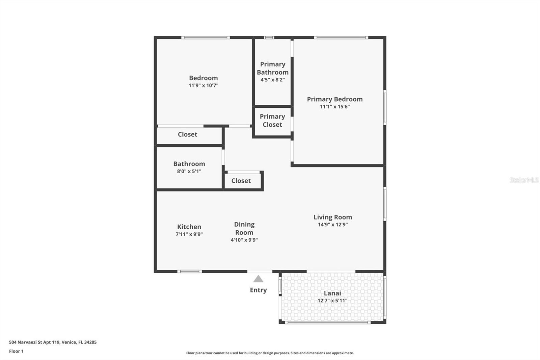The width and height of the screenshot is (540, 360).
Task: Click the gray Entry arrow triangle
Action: click(x=258, y=279)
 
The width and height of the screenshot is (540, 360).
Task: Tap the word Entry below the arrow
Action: click(x=258, y=290)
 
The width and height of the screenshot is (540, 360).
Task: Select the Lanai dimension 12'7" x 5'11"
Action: click(x=332, y=301)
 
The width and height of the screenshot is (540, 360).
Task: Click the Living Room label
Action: click(x=333, y=217)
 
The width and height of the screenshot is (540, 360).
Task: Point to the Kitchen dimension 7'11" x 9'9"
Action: click(x=189, y=234)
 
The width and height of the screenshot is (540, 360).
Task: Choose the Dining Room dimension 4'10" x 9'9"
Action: click(x=244, y=240)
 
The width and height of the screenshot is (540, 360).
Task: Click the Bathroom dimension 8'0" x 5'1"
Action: click(x=189, y=171)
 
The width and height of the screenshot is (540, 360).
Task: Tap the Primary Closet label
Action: click(x=272, y=121)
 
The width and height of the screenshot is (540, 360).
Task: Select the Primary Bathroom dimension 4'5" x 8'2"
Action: click(x=273, y=80)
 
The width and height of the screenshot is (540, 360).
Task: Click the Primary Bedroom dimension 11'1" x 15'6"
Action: click(x=334, y=107)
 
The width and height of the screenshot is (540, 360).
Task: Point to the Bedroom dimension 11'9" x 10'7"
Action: click(x=204, y=85)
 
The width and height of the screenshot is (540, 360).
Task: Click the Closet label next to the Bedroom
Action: click(x=188, y=134)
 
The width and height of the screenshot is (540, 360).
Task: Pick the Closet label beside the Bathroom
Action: click(x=241, y=181)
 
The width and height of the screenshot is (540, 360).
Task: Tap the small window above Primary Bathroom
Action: click(x=269, y=37)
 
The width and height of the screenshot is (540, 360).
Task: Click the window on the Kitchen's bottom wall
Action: click(x=190, y=272)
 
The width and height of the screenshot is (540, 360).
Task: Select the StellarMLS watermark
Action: click(x=524, y=180)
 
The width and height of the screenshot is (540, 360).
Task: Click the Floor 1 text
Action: click(x=17, y=351)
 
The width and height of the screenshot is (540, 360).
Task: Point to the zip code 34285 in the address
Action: click(x=90, y=342)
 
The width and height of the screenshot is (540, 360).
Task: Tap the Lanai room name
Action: click(x=332, y=293)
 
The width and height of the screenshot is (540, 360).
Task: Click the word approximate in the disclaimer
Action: click(x=343, y=353)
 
